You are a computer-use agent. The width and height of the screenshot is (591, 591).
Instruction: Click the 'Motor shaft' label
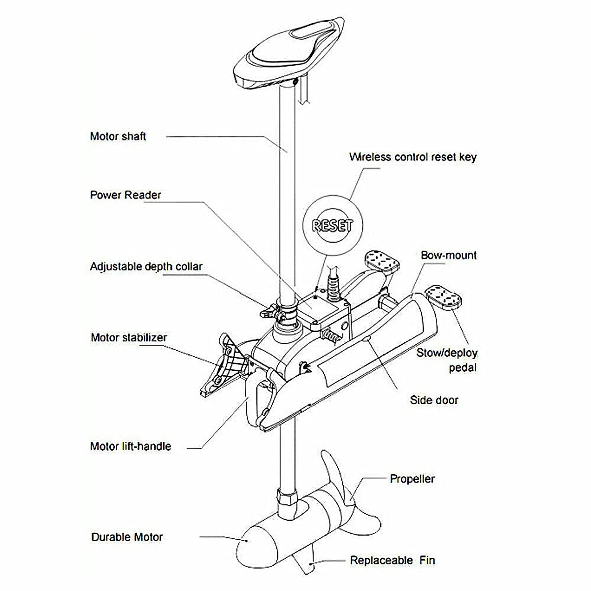(x=118, y=136)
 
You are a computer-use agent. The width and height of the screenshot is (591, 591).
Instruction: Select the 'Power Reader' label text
(x=125, y=195)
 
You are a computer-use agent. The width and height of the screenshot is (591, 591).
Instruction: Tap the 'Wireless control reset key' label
(x=413, y=157)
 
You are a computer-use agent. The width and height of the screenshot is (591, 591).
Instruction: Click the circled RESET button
(x=333, y=226)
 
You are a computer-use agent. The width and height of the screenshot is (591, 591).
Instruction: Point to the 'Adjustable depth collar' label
(x=146, y=266)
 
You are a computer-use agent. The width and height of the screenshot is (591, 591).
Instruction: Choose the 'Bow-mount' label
(x=448, y=255)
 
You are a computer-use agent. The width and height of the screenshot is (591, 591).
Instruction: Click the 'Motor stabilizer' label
(x=129, y=338)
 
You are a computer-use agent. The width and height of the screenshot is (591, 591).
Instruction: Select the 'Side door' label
(x=434, y=400)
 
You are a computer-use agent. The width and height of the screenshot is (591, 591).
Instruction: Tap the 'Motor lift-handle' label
(x=131, y=446)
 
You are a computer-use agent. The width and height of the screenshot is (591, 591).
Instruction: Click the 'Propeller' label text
(x=412, y=479)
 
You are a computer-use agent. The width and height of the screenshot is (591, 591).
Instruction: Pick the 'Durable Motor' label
(x=127, y=537)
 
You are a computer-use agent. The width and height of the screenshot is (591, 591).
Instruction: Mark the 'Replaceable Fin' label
(x=393, y=560)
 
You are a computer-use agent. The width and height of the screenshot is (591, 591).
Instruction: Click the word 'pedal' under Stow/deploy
(x=462, y=367)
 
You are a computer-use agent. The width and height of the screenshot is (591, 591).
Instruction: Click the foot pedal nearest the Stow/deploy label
(x=443, y=297)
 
